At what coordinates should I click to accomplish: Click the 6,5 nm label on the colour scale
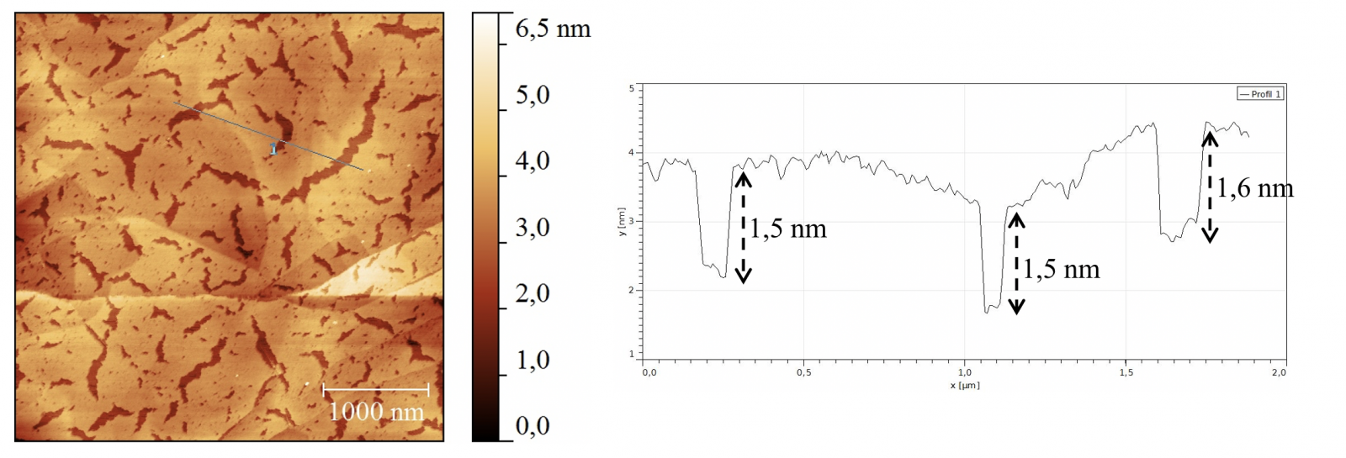(553, 29)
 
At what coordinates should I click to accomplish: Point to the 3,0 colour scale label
(533, 228)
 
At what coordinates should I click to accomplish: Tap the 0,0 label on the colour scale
(533, 426)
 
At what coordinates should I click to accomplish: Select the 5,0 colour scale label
(533, 95)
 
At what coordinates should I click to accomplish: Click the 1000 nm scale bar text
(376, 411)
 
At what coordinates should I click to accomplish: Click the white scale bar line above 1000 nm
(376, 389)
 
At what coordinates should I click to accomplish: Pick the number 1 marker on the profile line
(273, 149)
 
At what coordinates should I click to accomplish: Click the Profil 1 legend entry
(1259, 94)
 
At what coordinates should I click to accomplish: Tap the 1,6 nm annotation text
(1255, 188)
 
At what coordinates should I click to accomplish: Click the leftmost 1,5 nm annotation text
(788, 229)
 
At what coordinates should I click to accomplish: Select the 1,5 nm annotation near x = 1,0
(1062, 269)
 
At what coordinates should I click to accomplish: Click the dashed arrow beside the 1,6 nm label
(1210, 187)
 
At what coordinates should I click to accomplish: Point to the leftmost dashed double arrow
(743, 227)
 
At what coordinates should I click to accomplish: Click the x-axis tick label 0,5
(804, 372)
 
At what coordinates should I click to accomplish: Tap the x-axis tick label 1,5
(1126, 372)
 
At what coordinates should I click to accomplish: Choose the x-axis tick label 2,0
(1279, 372)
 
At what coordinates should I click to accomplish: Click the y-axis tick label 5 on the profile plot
(632, 88)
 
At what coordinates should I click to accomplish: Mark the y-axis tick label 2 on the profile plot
(632, 290)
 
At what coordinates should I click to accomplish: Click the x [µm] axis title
(965, 385)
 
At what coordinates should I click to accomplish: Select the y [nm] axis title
(623, 222)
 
